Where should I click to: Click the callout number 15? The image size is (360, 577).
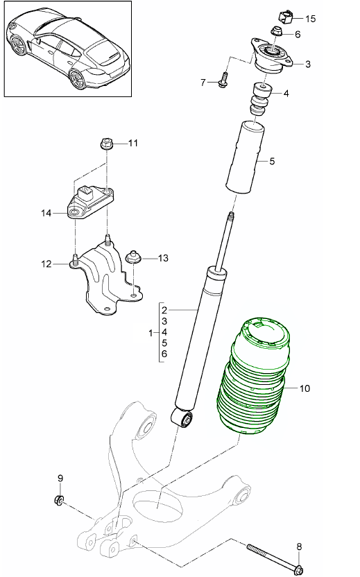[309, 19]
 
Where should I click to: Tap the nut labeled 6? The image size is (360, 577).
[275, 31]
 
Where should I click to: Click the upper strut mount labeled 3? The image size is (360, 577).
[271, 58]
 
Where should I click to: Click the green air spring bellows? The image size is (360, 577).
[253, 378]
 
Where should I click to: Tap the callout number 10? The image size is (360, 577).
[305, 389]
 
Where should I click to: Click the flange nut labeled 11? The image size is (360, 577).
[108, 144]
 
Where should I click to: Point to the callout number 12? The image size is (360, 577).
[46, 264]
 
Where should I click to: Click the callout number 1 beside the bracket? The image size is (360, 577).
[151, 334]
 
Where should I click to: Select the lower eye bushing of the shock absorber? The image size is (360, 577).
[185, 418]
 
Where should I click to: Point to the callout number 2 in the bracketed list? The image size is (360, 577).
[164, 309]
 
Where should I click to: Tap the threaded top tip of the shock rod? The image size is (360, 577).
[228, 219]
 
